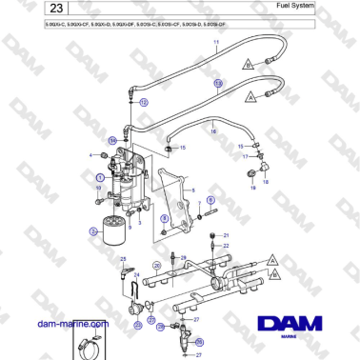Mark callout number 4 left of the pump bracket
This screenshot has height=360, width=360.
[x=91, y=155]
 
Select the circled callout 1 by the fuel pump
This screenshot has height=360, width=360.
[x=96, y=176]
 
